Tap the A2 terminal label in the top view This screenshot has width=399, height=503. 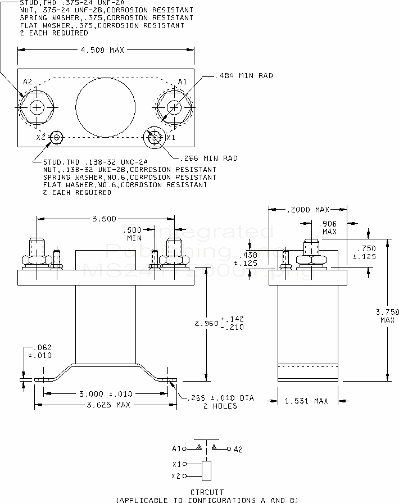pos(28,82)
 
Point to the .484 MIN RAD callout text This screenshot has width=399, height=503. pos(244,75)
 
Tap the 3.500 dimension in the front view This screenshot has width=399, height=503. pos(105,218)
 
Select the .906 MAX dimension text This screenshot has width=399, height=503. pos(329,228)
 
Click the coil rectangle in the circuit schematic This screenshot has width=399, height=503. pos(207,470)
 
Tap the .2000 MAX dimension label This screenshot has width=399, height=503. pos(307,210)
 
